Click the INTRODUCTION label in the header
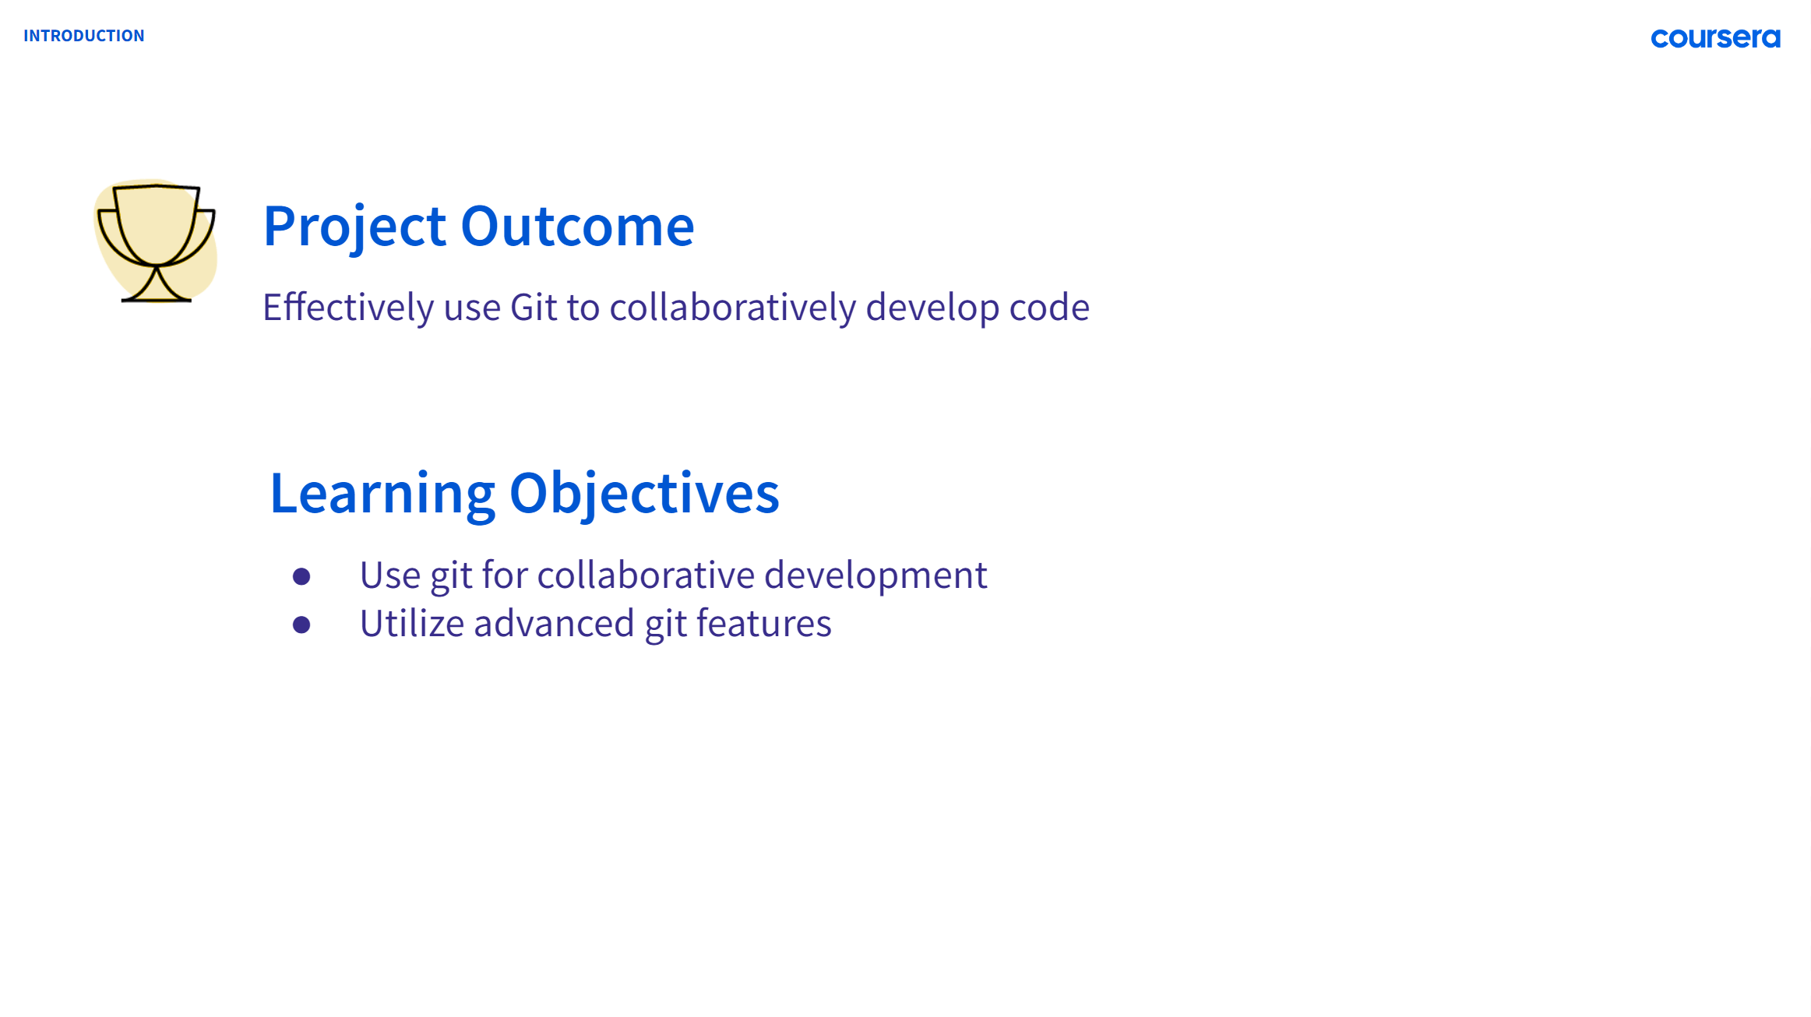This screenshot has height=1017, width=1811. pos(83,36)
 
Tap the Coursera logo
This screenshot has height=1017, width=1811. pos(1714,38)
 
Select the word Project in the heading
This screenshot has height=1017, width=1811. pos(354,227)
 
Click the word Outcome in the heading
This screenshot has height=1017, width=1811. pos(577,227)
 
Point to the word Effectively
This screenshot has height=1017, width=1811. pos(347,308)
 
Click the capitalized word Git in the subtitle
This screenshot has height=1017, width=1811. pos(534,308)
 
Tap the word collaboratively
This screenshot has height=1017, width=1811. pos(732,308)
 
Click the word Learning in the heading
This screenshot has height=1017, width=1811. pos(382,494)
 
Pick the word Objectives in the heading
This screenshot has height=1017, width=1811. pos(643,494)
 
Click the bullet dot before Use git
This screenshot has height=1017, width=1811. pos(301,576)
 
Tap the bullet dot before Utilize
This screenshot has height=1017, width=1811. pos(301,625)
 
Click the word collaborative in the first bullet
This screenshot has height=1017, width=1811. pos(646,575)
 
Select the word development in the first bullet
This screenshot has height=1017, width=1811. pos(876,575)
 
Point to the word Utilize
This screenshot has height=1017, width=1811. pos(411,624)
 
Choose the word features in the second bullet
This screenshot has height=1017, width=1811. pos(763,624)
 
